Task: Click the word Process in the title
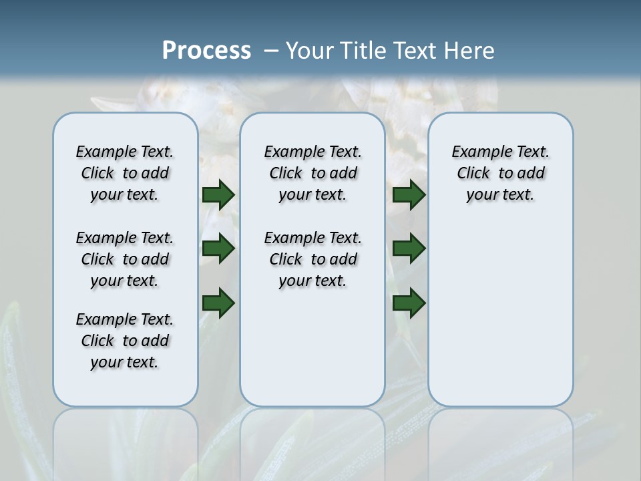pos(206,51)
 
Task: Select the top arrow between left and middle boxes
pos(218,194)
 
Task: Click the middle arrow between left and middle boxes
pos(218,249)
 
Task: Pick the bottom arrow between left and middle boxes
pos(218,303)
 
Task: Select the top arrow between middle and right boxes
pos(409,194)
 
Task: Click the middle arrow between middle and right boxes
pos(409,249)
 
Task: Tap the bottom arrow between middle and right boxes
pos(409,303)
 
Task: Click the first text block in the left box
pos(125,173)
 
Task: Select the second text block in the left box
pos(125,259)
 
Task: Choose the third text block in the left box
pos(125,341)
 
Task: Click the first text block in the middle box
pos(312,173)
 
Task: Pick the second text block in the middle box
pos(312,259)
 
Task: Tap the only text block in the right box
pos(500,173)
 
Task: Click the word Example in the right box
pos(477,152)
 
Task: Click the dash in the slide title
pos(272,51)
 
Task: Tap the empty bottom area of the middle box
pos(312,354)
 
